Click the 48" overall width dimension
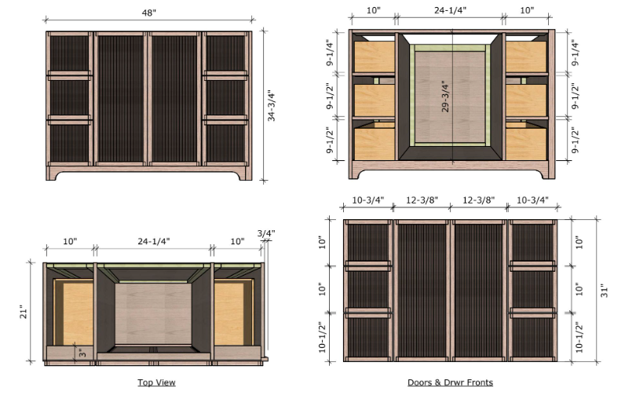click(x=148, y=13)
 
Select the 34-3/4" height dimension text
click(x=272, y=105)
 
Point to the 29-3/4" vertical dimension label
click(x=445, y=97)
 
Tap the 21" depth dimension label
click(x=24, y=313)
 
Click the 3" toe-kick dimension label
click(x=82, y=353)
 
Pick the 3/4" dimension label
click(x=266, y=233)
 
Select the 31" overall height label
click(x=605, y=291)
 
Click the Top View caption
click(x=157, y=383)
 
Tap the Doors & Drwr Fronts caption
click(x=450, y=383)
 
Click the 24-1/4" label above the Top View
click(x=153, y=241)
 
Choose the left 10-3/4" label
click(x=367, y=199)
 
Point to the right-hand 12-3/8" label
click(x=478, y=199)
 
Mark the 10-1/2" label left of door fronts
click(x=322, y=337)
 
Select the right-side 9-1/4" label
click(x=575, y=53)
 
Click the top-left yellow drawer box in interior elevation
click(x=375, y=57)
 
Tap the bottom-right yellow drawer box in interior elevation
click(x=526, y=141)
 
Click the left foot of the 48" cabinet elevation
click(x=53, y=174)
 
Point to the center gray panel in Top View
click(x=153, y=313)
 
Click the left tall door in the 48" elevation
click(x=120, y=98)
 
